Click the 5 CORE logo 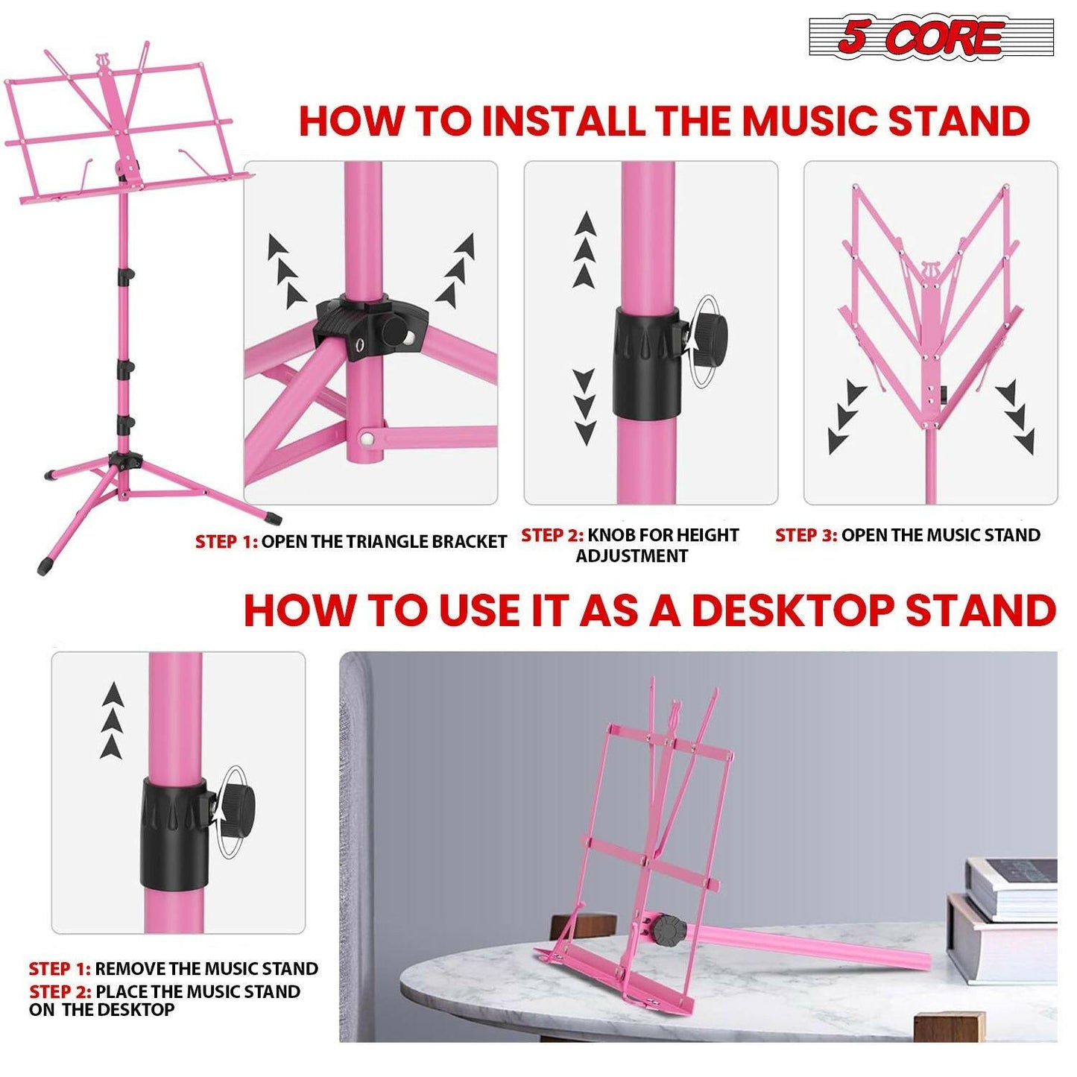[x=931, y=37]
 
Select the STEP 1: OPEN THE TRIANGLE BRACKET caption [x=350, y=542]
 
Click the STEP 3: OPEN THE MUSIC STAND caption [x=907, y=535]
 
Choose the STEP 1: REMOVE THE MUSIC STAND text [x=173, y=969]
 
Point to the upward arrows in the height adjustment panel [x=585, y=250]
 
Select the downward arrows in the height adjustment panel [x=585, y=406]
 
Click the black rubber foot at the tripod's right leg [x=274, y=515]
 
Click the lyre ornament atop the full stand [x=103, y=63]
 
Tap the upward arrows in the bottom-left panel [x=112, y=720]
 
